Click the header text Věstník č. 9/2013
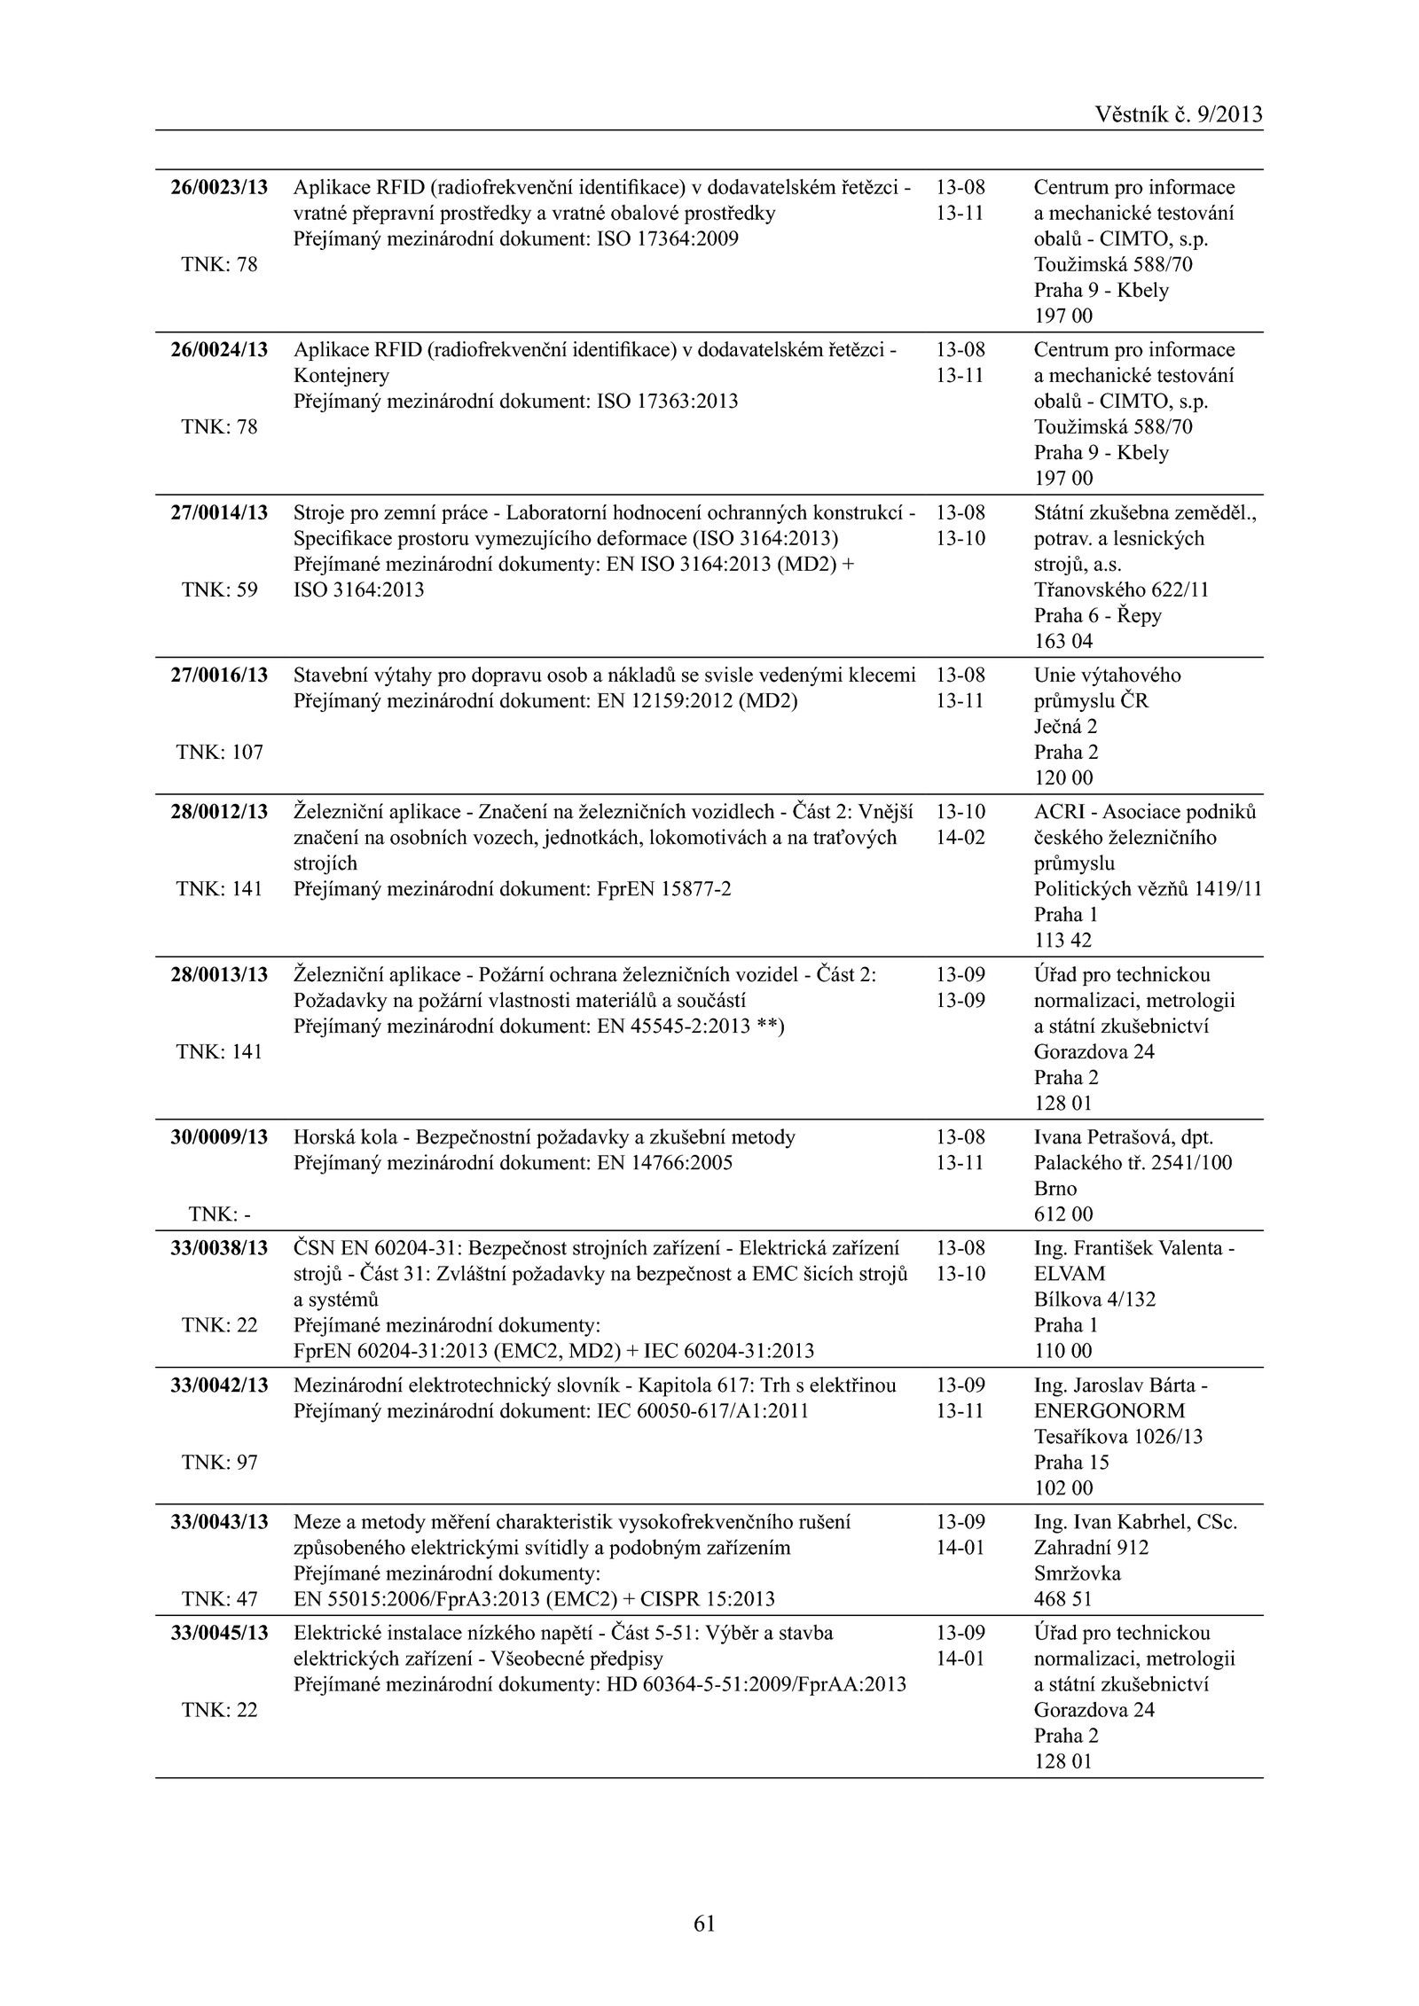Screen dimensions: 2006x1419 click(1178, 114)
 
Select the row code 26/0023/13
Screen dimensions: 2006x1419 click(219, 188)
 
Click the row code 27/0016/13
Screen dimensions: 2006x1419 click(219, 675)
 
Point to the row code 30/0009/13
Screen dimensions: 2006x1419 click(219, 1137)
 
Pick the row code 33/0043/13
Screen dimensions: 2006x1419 click(219, 1522)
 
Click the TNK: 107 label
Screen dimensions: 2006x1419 click(219, 753)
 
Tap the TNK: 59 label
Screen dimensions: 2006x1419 click(219, 590)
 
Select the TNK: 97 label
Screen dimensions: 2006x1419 click(219, 1463)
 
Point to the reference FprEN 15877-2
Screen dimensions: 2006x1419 click(665, 889)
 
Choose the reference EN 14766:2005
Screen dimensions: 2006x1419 click(665, 1163)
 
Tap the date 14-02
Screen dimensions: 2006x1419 click(960, 838)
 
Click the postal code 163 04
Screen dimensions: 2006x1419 click(1063, 641)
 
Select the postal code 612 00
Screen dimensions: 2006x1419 click(1063, 1214)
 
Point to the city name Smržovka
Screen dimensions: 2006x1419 click(1077, 1573)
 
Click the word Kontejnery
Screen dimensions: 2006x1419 click(341, 376)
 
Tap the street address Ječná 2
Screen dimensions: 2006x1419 click(1065, 727)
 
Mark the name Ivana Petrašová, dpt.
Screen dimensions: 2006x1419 click(1123, 1137)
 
